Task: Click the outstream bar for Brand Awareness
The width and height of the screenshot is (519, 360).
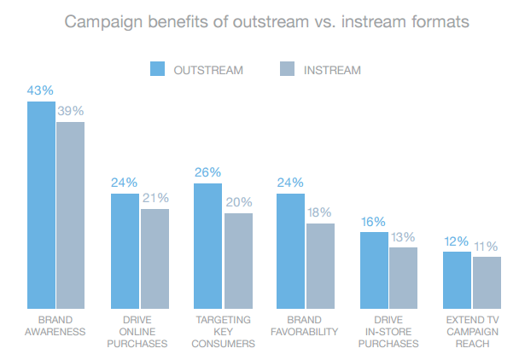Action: point(42,205)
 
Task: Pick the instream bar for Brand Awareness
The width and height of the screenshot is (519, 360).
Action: point(71,215)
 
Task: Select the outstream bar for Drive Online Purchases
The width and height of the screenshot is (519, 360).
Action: point(125,251)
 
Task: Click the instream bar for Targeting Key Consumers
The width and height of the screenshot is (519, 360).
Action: point(238,260)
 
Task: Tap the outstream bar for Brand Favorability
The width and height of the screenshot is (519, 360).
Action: point(291,251)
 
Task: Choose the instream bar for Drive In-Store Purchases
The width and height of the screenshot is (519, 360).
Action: point(404,277)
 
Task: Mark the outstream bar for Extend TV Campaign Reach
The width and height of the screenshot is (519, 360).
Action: point(457,280)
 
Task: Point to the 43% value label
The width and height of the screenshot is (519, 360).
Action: point(40,90)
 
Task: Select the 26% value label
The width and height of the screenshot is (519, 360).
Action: point(207,171)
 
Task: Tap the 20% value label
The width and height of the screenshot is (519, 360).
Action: point(240,201)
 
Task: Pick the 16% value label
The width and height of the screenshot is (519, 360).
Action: point(374,220)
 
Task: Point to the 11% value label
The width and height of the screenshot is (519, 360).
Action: point(487,246)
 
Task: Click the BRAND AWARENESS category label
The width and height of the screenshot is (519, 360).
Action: point(55,326)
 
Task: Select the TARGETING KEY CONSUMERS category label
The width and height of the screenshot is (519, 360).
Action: point(223,332)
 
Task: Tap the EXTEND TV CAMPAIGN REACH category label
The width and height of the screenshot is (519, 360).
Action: point(472,332)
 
